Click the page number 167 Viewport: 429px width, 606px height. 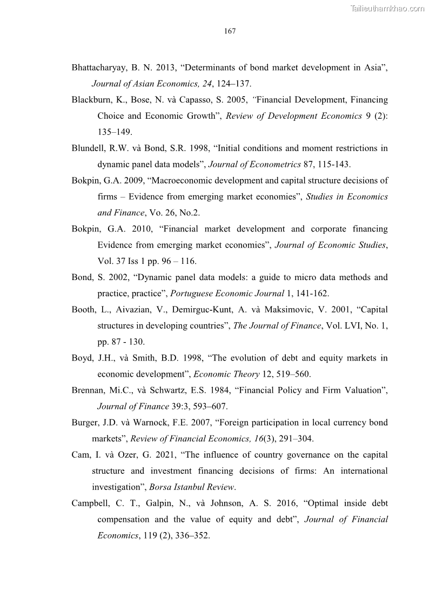coord(230,31)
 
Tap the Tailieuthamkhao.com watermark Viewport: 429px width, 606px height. coord(387,8)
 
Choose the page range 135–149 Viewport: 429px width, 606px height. coord(115,132)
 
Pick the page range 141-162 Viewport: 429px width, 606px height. coord(311,294)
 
